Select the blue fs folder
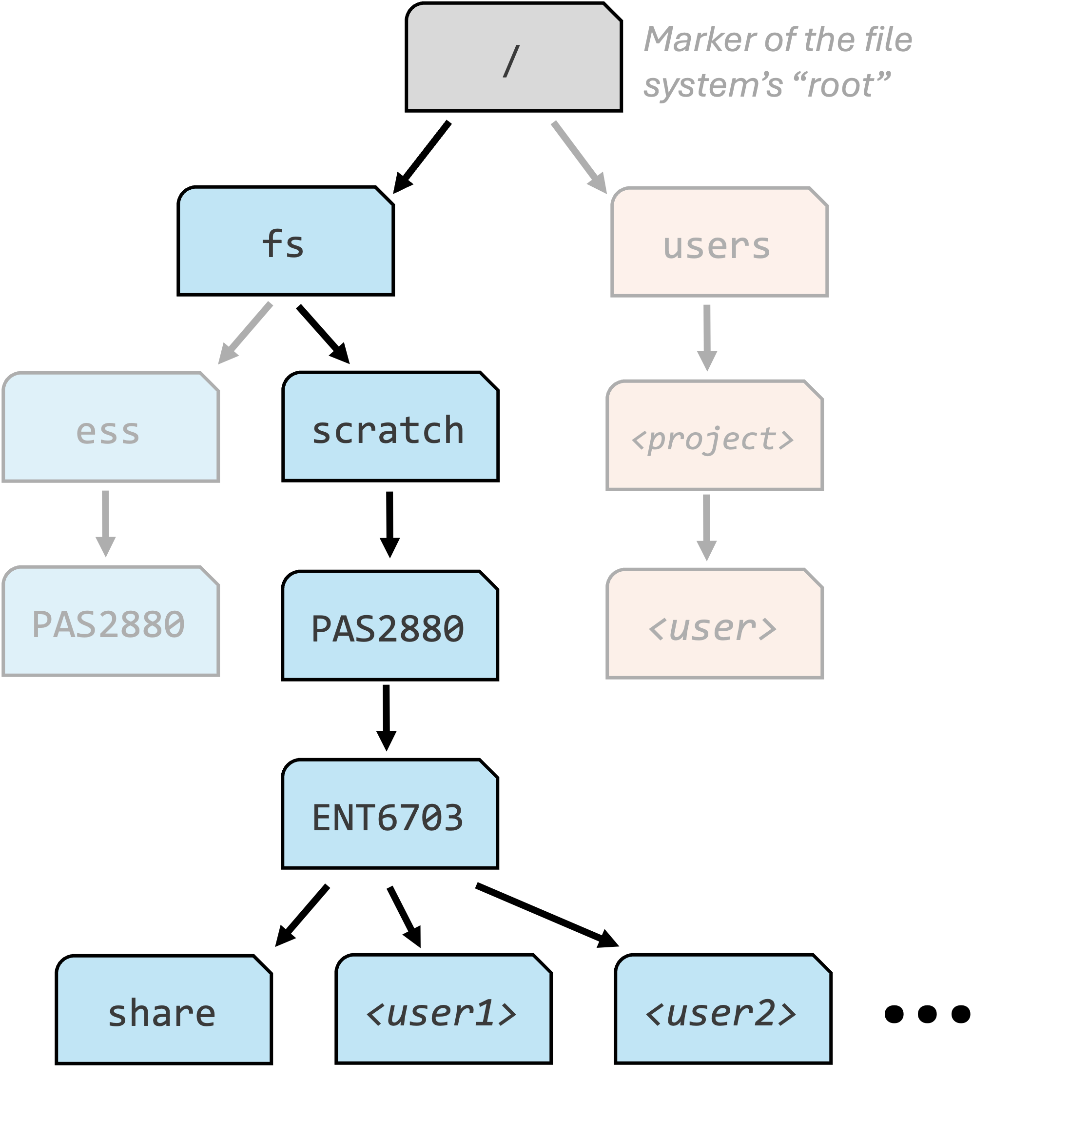(x=285, y=242)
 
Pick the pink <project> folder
(x=714, y=437)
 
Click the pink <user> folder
(x=714, y=625)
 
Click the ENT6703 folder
(x=390, y=816)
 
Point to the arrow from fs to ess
(x=246, y=333)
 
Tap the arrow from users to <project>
(x=707, y=337)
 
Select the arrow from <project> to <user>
(x=707, y=526)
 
